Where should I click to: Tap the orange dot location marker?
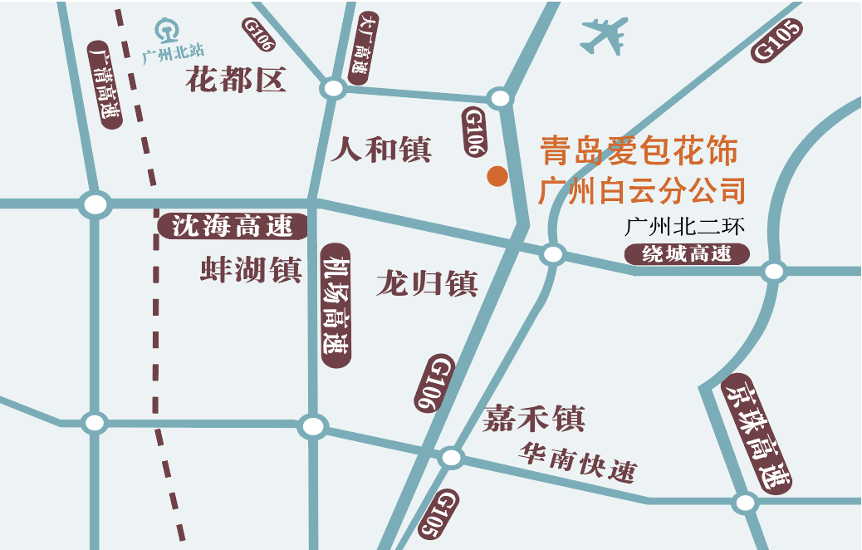coord(497,176)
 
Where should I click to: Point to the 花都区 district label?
coord(236,81)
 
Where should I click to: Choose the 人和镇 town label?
coord(381,150)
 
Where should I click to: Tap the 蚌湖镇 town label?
coord(250,270)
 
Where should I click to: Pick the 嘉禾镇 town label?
coord(534,418)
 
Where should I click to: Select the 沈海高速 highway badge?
coord(233,224)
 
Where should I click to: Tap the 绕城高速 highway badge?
coord(687,254)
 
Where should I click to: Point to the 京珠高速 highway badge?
coord(757,431)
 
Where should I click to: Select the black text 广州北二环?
coord(686,227)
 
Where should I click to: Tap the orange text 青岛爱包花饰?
coord(639,151)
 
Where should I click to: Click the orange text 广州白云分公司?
coord(641,191)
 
